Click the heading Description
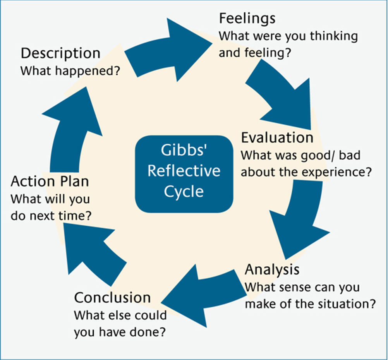point(61,54)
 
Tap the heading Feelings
point(247,19)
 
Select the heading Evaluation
point(277,137)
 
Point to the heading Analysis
point(272,270)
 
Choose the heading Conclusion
point(112,297)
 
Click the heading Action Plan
point(50,182)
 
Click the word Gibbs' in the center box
point(184,150)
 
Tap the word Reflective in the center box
point(184,171)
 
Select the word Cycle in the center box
point(184,192)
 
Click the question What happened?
point(70,71)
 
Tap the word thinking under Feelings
point(334,36)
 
